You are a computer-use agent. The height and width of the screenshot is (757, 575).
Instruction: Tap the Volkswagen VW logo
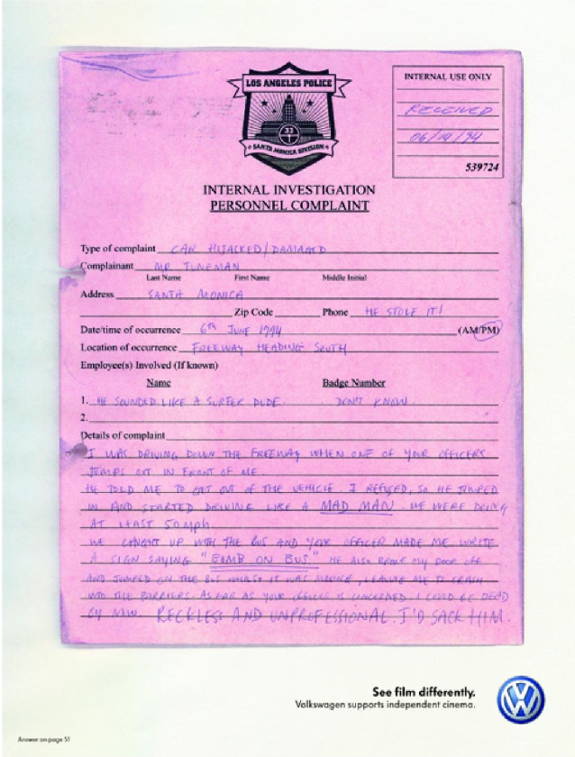click(521, 699)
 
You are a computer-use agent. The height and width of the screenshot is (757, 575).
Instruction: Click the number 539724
click(484, 168)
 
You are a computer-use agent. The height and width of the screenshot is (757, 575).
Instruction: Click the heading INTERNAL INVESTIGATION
click(288, 190)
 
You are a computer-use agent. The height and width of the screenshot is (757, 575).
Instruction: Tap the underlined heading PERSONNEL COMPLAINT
click(288, 205)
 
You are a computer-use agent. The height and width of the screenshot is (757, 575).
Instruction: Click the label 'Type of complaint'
click(118, 249)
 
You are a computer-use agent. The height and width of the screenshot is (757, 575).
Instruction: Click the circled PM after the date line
click(487, 330)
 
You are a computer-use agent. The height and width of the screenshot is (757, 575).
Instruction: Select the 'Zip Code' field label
click(255, 312)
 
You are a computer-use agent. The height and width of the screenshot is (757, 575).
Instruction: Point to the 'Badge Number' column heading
click(353, 382)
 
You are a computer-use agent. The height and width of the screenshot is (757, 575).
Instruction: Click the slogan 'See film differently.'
click(424, 691)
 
